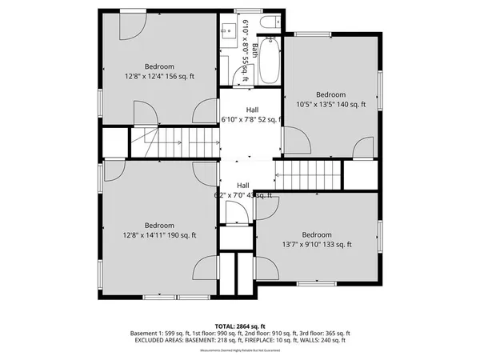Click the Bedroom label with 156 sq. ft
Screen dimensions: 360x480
[158, 66]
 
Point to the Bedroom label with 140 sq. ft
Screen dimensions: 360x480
[330, 94]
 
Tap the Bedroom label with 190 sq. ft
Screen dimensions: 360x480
[158, 226]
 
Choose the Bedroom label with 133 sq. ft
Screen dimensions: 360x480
[317, 234]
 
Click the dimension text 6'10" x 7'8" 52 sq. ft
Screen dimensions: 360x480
[251, 120]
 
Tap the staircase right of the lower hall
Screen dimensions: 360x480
[307, 174]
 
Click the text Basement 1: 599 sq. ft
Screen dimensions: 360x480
[158, 333]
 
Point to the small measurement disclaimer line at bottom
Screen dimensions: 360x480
[240, 349]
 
